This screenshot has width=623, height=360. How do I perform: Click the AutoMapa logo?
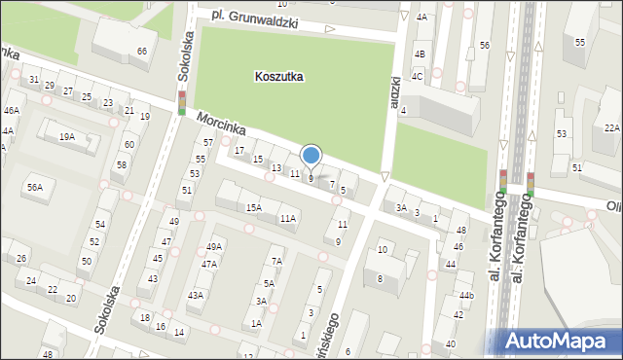coord(558,340)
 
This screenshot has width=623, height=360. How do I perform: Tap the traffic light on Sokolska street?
coord(181,102)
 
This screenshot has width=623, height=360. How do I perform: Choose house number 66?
coord(142,51)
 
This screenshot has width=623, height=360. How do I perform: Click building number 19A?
coord(66,137)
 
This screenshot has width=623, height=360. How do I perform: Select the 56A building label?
coord(35,187)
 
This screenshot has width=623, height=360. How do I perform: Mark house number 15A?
coord(253,207)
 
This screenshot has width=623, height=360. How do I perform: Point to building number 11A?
coord(287,218)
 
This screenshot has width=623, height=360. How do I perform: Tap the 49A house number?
coord(214,247)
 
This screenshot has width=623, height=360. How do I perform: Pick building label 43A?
coord(196,295)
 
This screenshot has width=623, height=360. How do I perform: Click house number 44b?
coord(467,295)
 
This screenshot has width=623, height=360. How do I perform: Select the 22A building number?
coord(611,127)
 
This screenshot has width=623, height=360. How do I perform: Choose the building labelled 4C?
coord(417,76)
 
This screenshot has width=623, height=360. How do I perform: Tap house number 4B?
coord(419,54)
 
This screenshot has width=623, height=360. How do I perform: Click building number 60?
coord(128,145)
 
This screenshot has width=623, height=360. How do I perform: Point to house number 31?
coord(34,79)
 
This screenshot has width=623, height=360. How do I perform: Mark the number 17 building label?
coord(239,150)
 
